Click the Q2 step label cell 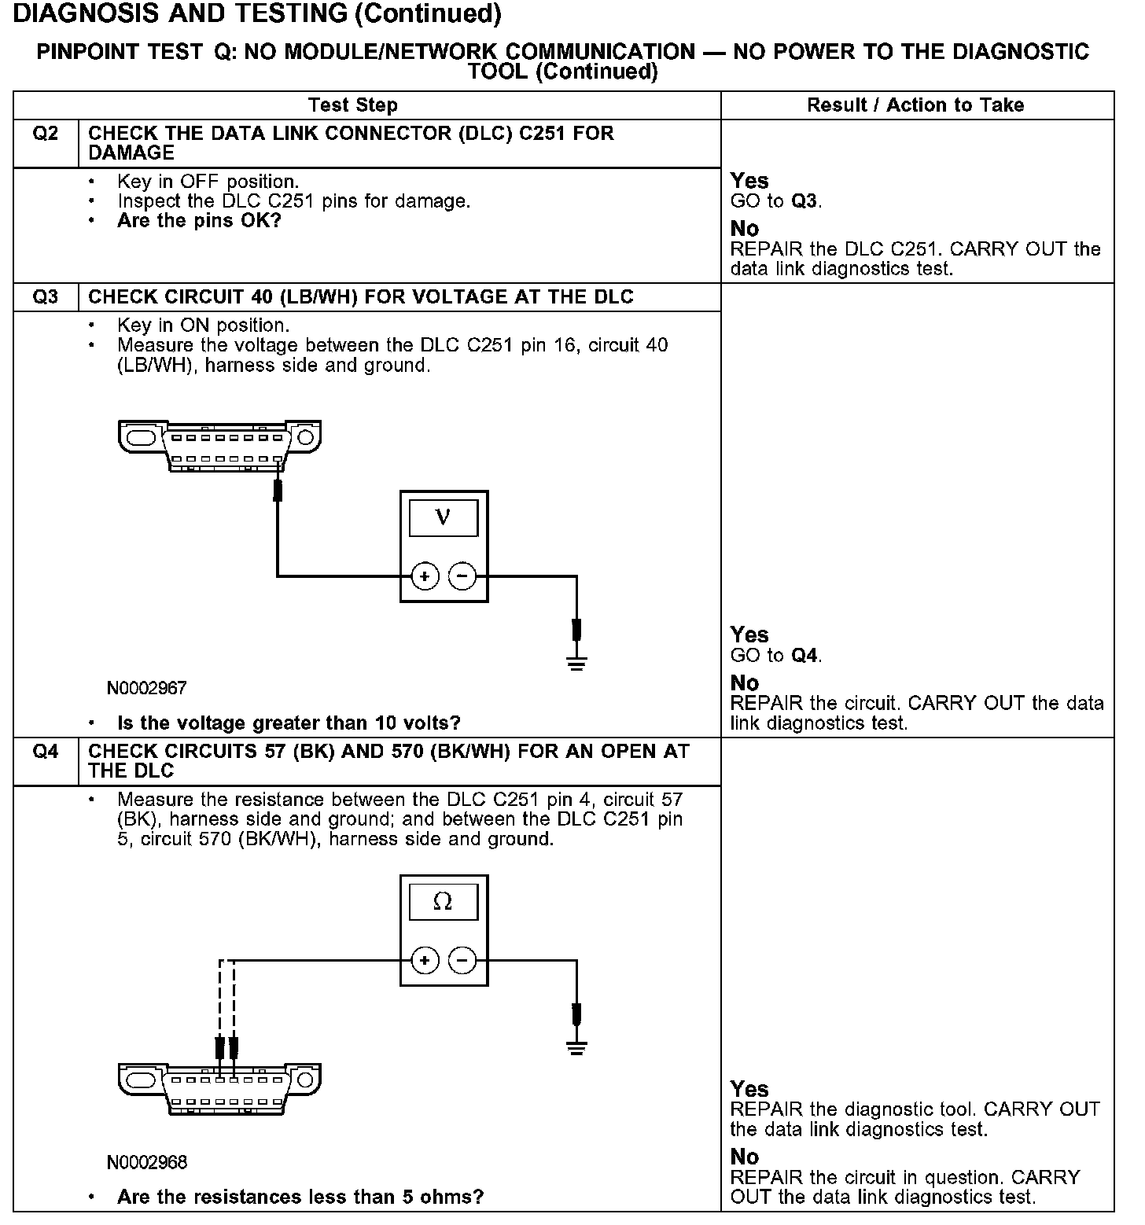tap(46, 134)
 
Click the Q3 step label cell tap(46, 297)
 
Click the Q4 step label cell tap(46, 752)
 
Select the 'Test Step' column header tap(353, 105)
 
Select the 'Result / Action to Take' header tap(915, 105)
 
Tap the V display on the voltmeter tap(443, 517)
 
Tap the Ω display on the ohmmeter tap(443, 901)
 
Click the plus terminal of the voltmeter tap(425, 576)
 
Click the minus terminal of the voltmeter tap(462, 576)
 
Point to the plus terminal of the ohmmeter tap(425, 960)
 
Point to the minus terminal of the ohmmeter tap(462, 960)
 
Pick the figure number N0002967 tap(147, 689)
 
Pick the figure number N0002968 tap(147, 1162)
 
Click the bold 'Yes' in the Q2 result tap(749, 181)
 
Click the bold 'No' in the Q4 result tap(744, 1157)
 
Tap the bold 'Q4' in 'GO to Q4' tap(804, 656)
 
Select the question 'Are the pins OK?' tap(199, 221)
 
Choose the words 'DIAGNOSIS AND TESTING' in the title tap(180, 13)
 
